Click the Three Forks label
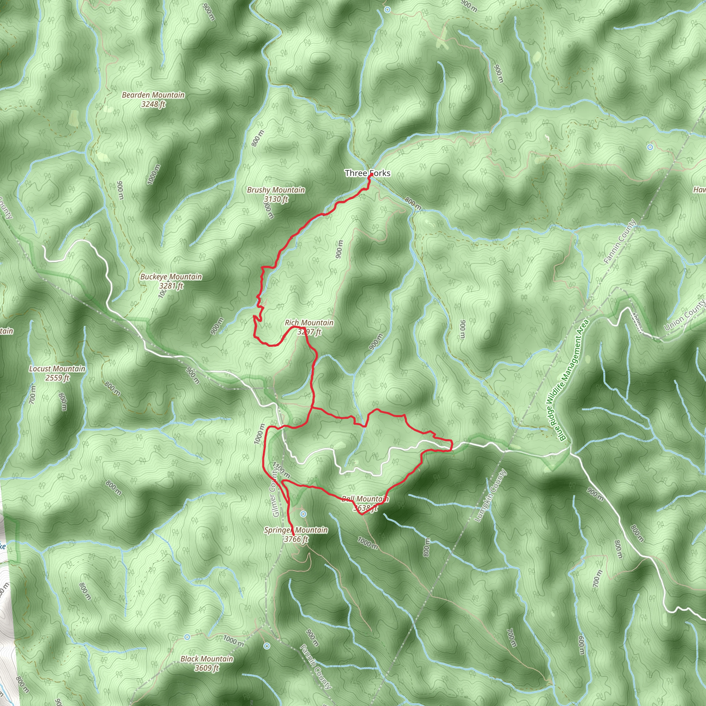click(367, 173)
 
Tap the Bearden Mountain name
click(153, 95)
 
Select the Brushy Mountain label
click(275, 190)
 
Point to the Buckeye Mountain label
click(171, 277)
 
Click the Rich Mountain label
click(309, 323)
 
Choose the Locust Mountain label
click(57, 369)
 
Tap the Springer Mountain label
click(296, 530)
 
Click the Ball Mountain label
click(365, 499)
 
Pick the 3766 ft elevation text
click(296, 539)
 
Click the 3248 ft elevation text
click(153, 104)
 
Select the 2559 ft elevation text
click(57, 378)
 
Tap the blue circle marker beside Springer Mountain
click(303, 514)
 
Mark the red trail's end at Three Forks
click(371, 175)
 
